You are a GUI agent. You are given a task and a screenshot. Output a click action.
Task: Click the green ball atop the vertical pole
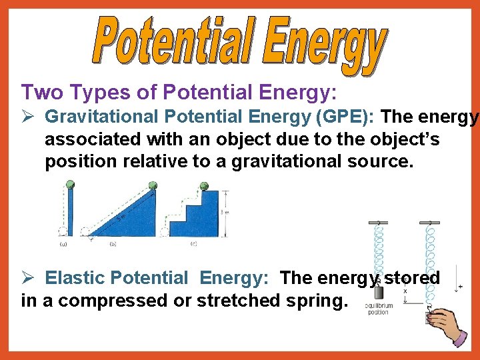coord(70,185)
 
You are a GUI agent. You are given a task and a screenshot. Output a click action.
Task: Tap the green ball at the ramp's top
coord(153,185)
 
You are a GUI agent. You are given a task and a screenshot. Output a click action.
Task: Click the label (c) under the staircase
coord(193,244)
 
